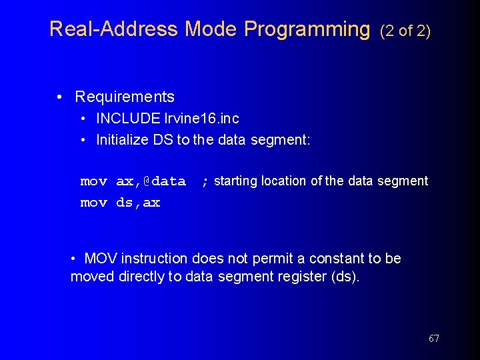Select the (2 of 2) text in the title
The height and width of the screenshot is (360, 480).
click(x=405, y=31)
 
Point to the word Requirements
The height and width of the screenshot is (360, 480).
click(x=125, y=97)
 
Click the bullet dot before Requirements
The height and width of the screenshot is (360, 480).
click(x=61, y=97)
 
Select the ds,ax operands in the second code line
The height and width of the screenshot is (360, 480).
click(x=138, y=203)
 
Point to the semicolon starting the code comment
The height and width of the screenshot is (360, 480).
click(x=205, y=181)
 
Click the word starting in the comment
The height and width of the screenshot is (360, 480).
click(x=236, y=181)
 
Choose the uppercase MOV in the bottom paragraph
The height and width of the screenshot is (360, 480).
click(x=100, y=258)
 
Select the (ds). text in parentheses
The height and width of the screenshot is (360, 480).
click(x=345, y=277)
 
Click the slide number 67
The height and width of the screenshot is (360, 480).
click(x=433, y=339)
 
